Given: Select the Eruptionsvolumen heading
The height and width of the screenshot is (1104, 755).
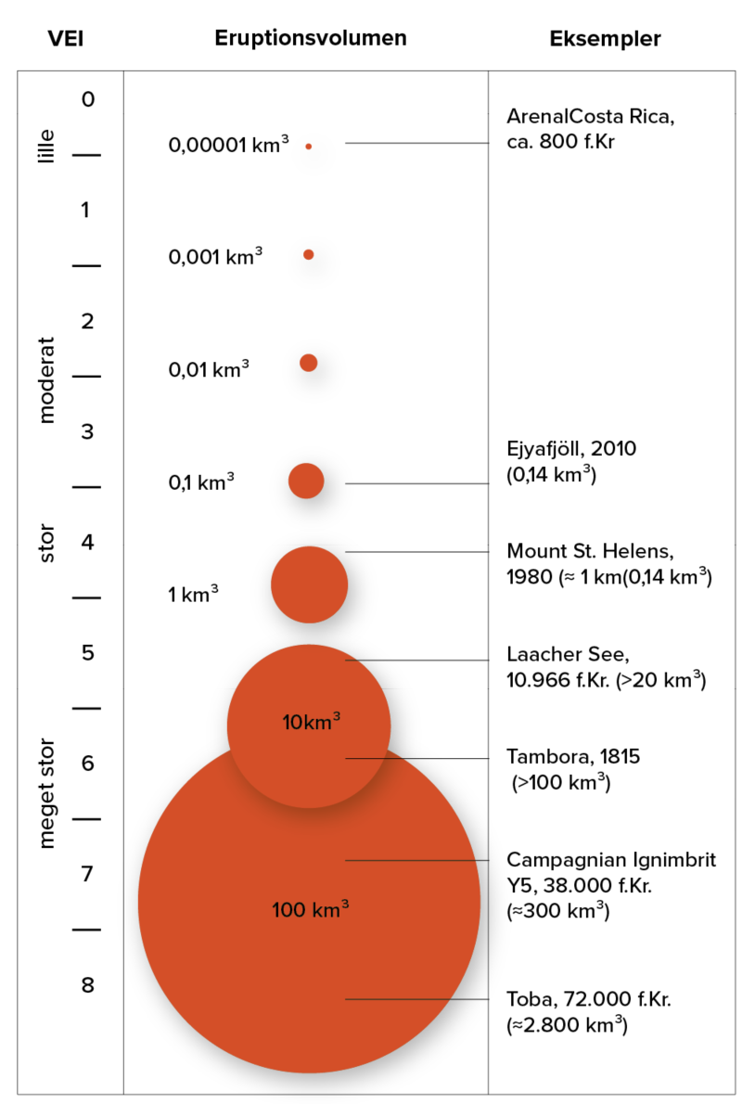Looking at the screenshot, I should pyautogui.click(x=311, y=39).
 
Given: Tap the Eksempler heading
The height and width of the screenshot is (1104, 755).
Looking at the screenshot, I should pyautogui.click(x=605, y=39).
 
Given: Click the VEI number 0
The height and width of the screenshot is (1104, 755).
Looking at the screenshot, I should pyautogui.click(x=88, y=99).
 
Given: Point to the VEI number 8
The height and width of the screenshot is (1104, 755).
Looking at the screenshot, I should pyautogui.click(x=87, y=985).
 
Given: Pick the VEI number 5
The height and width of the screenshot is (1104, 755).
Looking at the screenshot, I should pyautogui.click(x=88, y=653).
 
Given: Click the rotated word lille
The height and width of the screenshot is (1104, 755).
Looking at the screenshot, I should pyautogui.click(x=47, y=146).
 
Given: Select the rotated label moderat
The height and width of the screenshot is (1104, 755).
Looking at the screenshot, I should pyautogui.click(x=47, y=379).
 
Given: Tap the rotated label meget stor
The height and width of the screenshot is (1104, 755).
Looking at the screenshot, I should pyautogui.click(x=47, y=793).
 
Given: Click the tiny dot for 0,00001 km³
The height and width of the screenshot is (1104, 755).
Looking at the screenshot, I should pyautogui.click(x=309, y=146).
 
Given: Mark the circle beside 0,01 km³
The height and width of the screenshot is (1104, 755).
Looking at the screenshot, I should pyautogui.click(x=309, y=363).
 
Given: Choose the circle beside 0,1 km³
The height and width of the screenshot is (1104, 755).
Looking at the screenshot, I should pyautogui.click(x=306, y=481).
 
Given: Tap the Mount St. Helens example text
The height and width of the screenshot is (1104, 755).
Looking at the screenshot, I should pyautogui.click(x=608, y=564).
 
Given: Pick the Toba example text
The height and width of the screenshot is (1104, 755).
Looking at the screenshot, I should pyautogui.click(x=589, y=1012).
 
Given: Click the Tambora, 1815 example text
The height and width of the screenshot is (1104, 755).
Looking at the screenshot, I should pyautogui.click(x=573, y=769).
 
